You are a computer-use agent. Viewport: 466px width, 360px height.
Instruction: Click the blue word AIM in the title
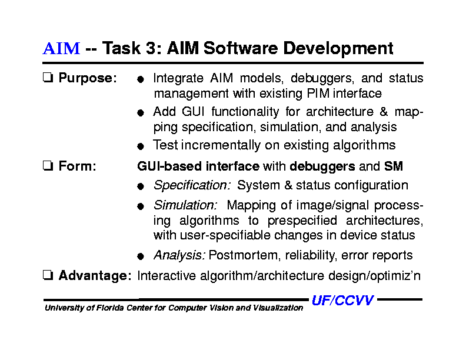tap(61, 48)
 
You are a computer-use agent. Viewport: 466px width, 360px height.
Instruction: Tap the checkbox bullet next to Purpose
tap(48, 78)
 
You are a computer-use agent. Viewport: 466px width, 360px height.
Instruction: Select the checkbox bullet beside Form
tap(48, 166)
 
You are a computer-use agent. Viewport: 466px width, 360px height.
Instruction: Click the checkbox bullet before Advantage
tap(48, 275)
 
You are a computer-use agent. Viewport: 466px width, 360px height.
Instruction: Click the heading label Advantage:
tap(95, 275)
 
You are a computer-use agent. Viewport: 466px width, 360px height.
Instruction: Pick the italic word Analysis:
tap(179, 255)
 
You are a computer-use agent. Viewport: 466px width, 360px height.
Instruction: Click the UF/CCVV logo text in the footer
tap(342, 301)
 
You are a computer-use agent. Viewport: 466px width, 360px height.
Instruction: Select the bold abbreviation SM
tap(393, 166)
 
